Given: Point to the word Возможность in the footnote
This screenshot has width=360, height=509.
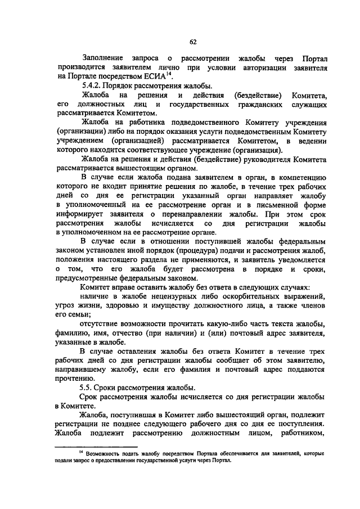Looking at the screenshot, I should (106, 452).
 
